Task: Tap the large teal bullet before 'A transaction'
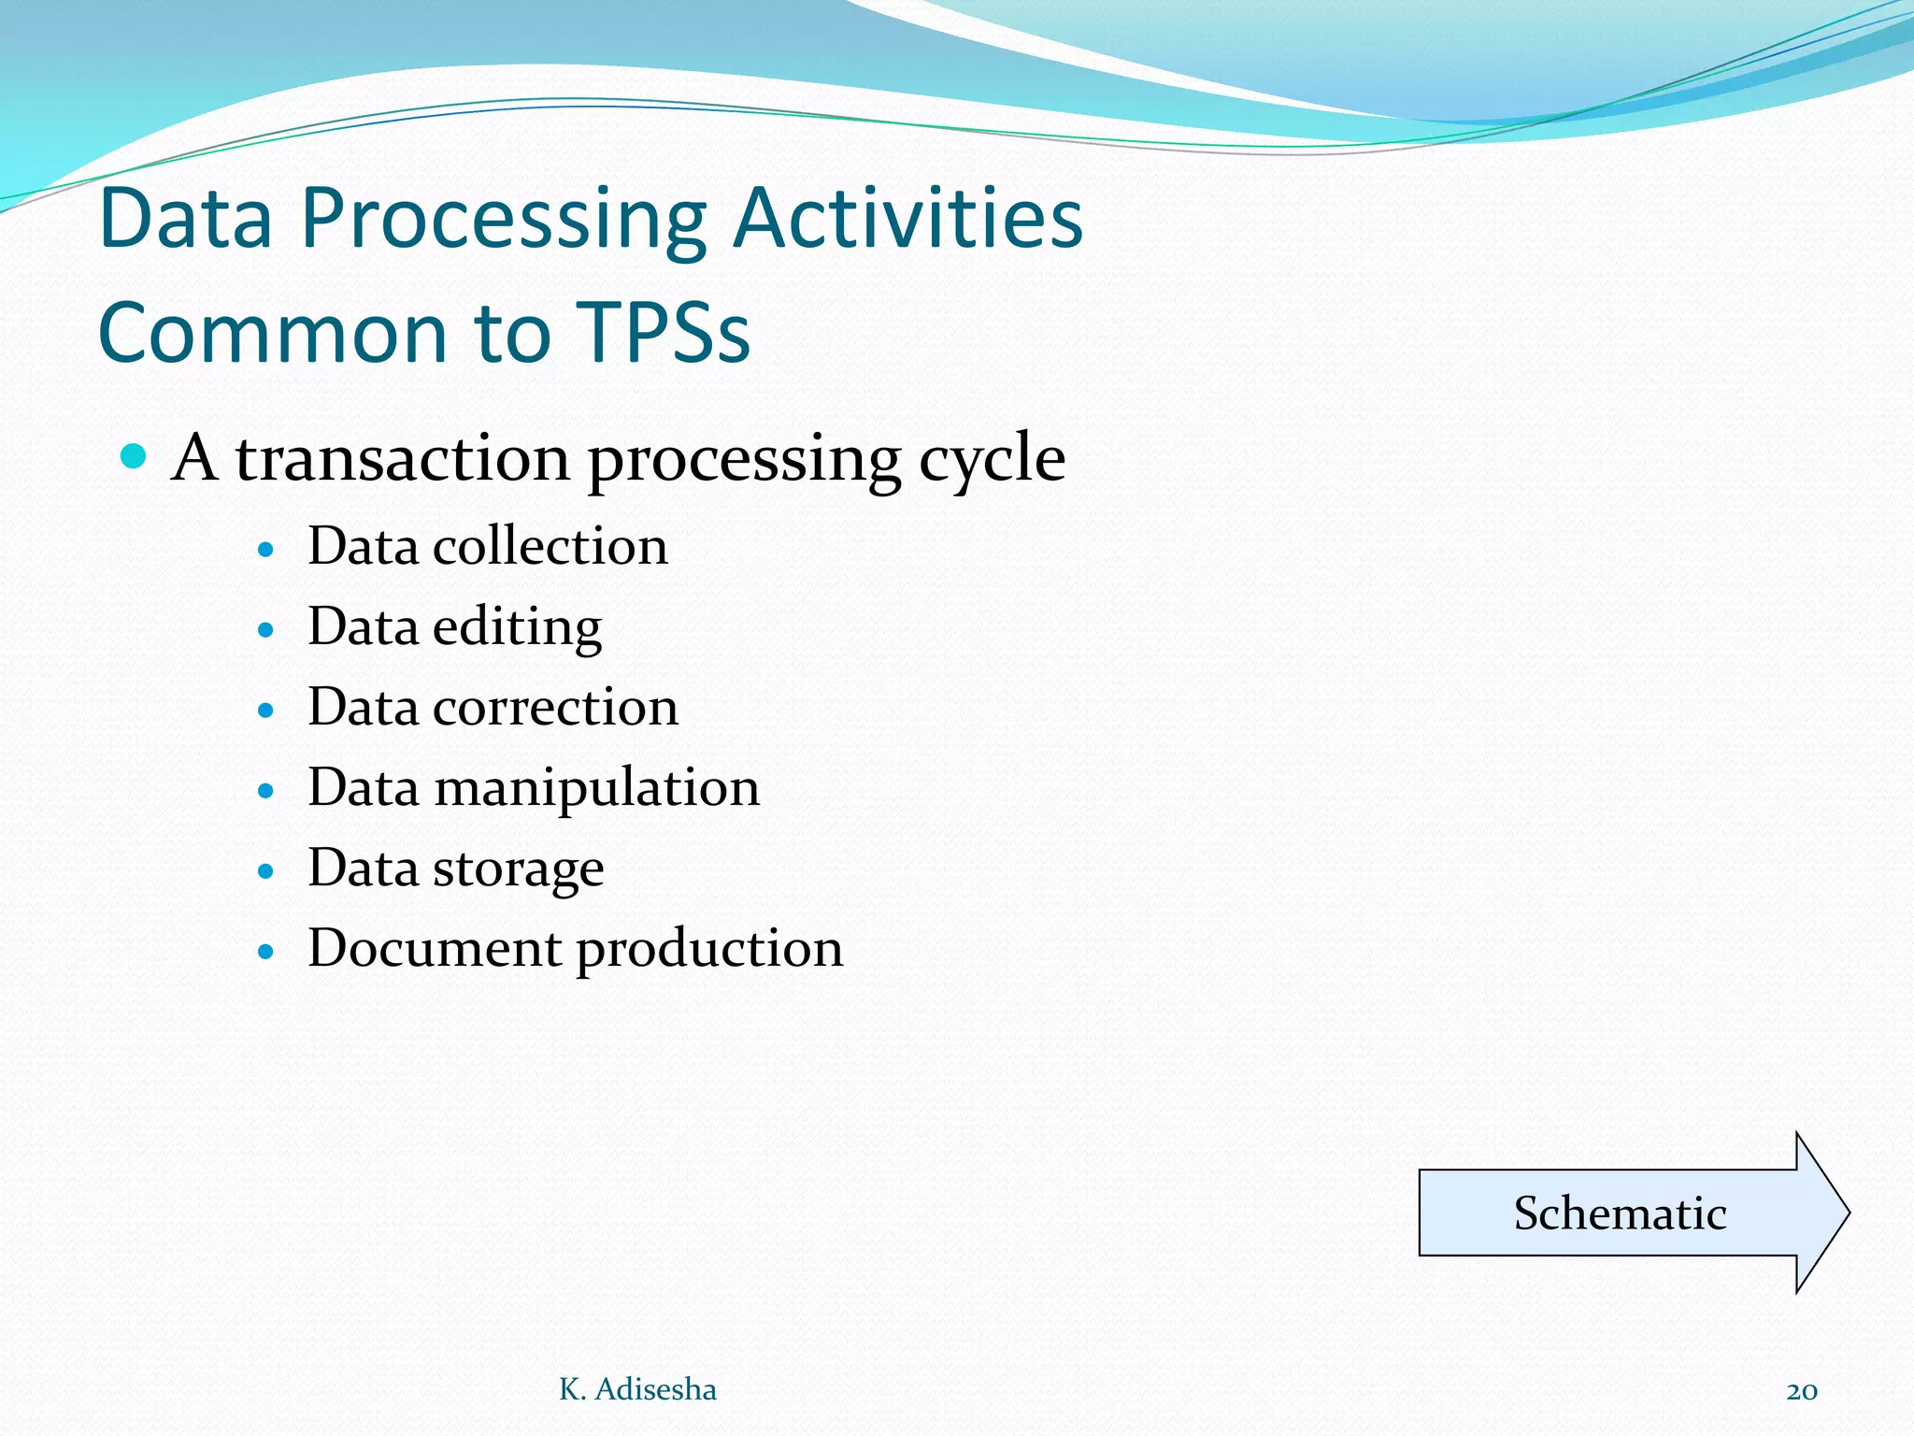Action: pos(135,456)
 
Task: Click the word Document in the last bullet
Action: pos(435,948)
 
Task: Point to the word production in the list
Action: pos(709,950)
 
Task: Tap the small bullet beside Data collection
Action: pos(266,550)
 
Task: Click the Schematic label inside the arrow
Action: pos(1620,1213)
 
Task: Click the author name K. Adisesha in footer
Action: pos(637,1389)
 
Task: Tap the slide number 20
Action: pos(1801,1391)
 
